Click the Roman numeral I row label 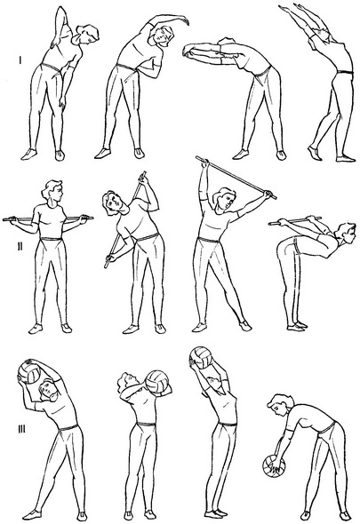(x=20, y=60)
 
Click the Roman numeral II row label (x=20, y=246)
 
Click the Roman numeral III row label (x=21, y=429)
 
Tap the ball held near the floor (x=274, y=465)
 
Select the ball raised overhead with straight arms (x=201, y=358)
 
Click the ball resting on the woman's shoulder (x=158, y=382)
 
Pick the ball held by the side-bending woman (x=28, y=371)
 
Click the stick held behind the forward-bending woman (x=294, y=220)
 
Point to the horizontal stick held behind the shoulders (x=48, y=218)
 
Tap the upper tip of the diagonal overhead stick (x=197, y=156)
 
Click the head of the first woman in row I (x=86, y=35)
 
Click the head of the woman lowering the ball (x=280, y=405)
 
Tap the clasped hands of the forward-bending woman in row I (x=188, y=51)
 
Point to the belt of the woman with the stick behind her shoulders (x=51, y=239)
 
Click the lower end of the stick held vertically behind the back (x=106, y=266)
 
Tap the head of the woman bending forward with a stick (x=344, y=233)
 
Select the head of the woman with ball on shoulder (x=126, y=383)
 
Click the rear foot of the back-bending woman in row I (x=315, y=153)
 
